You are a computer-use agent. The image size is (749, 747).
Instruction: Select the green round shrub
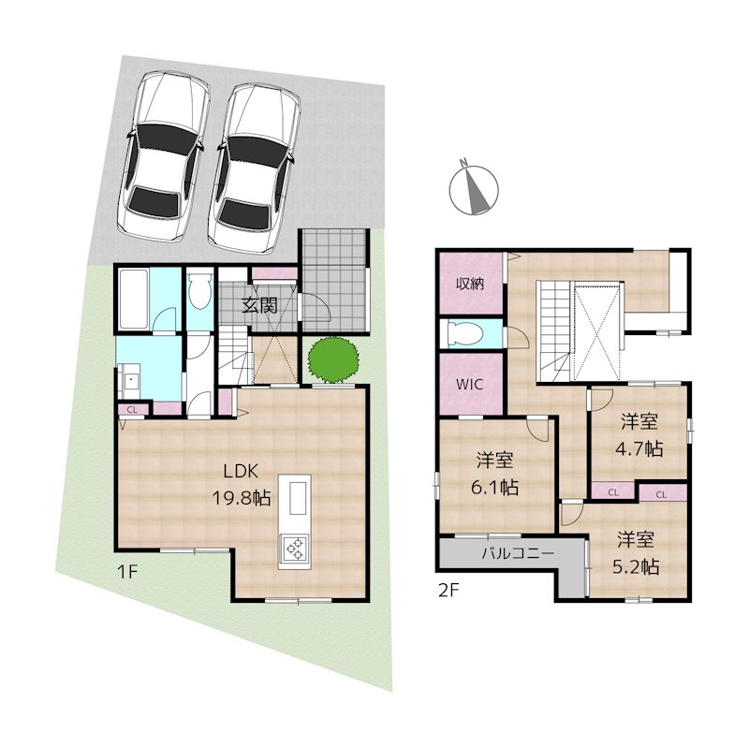pos(332,359)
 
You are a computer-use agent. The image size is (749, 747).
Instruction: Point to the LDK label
pos(245,473)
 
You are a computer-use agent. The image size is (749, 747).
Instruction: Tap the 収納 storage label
pos(470,284)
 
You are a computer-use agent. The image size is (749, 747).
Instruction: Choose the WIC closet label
pos(470,384)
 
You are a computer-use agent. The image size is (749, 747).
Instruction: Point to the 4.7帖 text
pos(639,448)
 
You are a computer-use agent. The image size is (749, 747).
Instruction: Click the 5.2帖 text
pos(637,566)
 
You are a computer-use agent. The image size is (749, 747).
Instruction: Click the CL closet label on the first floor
pos(132,409)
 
